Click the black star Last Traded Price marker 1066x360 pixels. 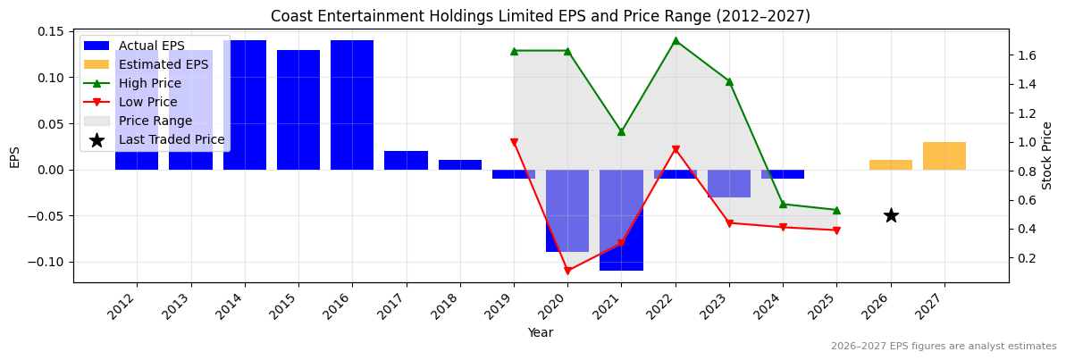[x=891, y=215]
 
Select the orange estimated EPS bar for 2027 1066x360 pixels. [x=944, y=156]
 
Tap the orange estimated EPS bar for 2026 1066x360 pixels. [x=891, y=165]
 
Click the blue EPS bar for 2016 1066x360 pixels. [x=352, y=105]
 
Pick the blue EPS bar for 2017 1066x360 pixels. [x=406, y=161]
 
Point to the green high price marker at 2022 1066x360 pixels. [x=676, y=40]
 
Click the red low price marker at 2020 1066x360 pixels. [x=567, y=271]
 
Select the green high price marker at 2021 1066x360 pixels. [x=621, y=131]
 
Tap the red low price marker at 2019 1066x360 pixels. [x=514, y=142]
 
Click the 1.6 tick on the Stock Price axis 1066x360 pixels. [x=1027, y=55]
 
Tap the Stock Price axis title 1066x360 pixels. [x=1047, y=155]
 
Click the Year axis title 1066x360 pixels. [x=541, y=333]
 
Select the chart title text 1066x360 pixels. [x=541, y=16]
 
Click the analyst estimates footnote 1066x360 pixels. [x=944, y=347]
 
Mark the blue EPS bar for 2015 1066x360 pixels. [x=298, y=110]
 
